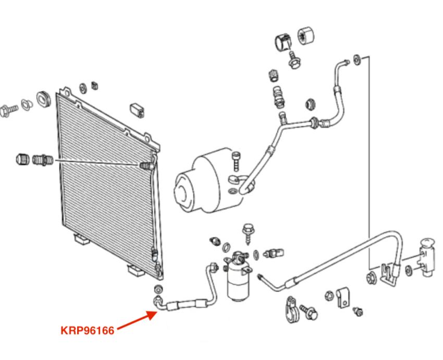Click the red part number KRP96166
coord(87,330)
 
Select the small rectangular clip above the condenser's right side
coord(138,110)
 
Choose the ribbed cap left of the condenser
coord(22,158)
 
